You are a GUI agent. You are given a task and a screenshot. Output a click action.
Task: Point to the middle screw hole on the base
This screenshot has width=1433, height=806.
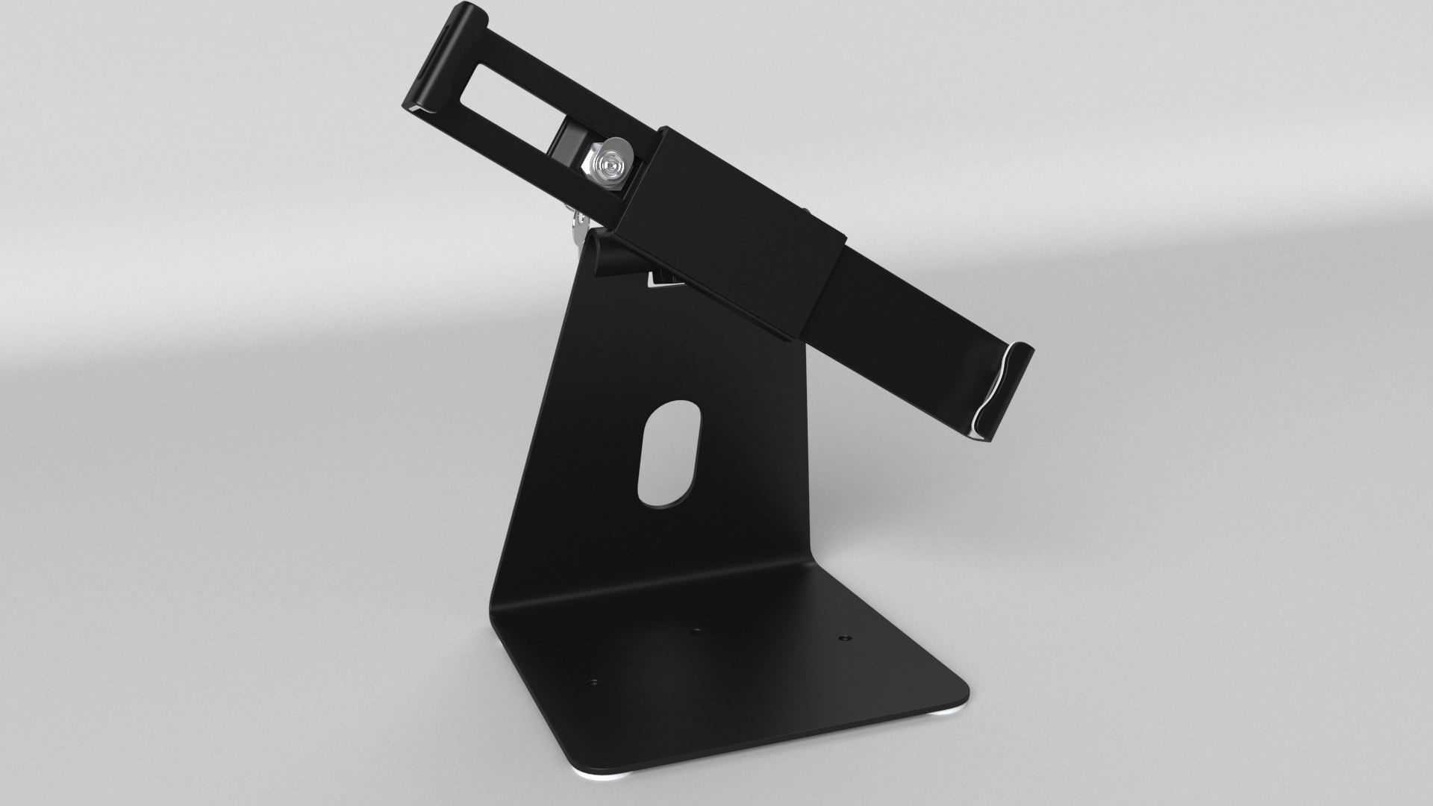click(x=696, y=631)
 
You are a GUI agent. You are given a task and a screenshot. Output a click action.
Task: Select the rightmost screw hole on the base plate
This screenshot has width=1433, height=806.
click(x=843, y=639)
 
